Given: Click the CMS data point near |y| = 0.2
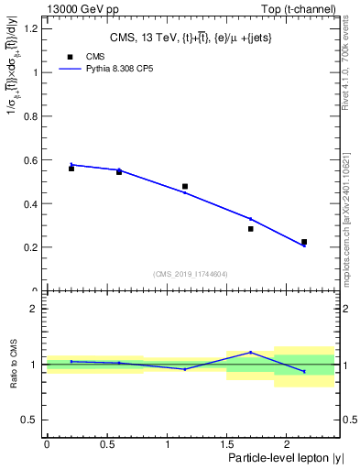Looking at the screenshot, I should (71, 169).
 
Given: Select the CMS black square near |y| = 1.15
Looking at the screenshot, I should (185, 186).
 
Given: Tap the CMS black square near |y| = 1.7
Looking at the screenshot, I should (250, 229).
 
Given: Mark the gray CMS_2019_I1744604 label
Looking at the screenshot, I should (190, 274).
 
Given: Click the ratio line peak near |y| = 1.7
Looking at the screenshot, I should (250, 352).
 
